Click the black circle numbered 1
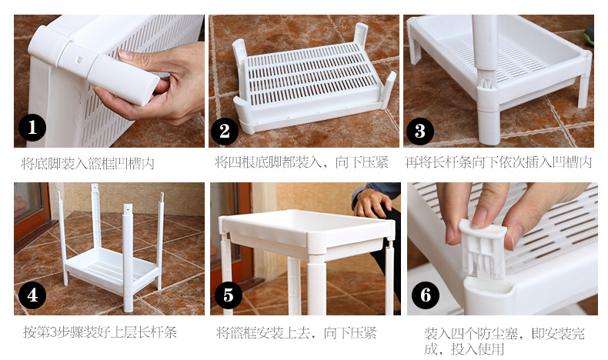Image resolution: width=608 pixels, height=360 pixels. (x=32, y=128)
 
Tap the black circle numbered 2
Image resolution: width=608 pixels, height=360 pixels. (x=225, y=132)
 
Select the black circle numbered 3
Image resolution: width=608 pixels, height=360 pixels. (x=420, y=132)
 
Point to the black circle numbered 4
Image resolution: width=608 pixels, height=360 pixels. (x=32, y=295)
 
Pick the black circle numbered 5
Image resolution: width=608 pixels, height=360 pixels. (x=229, y=295)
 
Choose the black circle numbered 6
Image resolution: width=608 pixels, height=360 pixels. (x=426, y=295)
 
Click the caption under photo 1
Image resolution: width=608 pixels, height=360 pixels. (x=88, y=164)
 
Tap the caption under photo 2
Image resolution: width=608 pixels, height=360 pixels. (x=302, y=162)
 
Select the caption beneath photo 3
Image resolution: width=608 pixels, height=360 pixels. (x=499, y=162)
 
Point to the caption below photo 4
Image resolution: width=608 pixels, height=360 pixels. (x=100, y=332)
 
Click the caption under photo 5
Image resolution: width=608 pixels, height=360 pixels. (x=296, y=332)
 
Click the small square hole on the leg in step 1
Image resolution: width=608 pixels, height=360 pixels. (x=79, y=61)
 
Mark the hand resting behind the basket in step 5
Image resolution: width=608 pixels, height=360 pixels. (x=372, y=202)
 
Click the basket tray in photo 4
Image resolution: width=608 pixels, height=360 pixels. (x=112, y=269)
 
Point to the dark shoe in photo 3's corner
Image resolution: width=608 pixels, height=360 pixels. (x=589, y=35)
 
